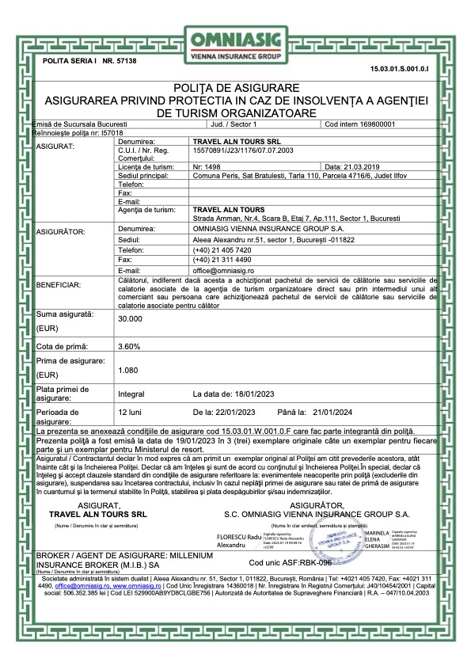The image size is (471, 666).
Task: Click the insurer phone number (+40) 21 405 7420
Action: click(225, 248)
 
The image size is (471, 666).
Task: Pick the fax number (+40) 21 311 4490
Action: click(225, 259)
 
